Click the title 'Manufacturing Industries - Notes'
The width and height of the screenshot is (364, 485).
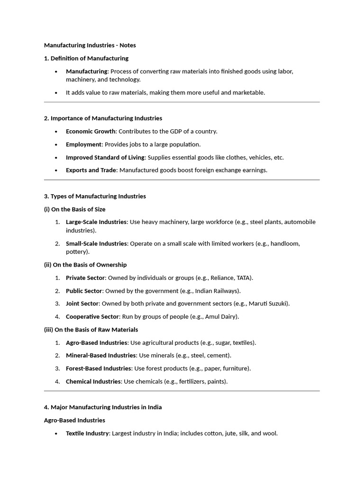click(x=90, y=45)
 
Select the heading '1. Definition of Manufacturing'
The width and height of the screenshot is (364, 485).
click(x=86, y=58)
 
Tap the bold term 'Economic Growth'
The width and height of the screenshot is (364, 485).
click(x=91, y=131)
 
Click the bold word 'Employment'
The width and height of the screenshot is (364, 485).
click(x=84, y=144)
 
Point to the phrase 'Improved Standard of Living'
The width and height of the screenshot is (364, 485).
click(x=105, y=157)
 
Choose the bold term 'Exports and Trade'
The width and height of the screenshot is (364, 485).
click(x=91, y=170)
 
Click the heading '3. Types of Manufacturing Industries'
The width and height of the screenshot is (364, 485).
click(x=95, y=196)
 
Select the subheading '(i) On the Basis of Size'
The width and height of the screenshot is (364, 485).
click(x=75, y=209)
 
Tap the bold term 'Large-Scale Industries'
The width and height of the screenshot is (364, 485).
click(x=96, y=222)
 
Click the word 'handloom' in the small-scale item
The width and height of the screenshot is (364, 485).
click(x=285, y=243)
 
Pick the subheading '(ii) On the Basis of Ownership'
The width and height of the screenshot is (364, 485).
click(x=85, y=265)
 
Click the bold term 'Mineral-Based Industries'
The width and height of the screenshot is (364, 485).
click(x=101, y=355)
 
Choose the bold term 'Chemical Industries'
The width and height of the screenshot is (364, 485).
click(x=93, y=381)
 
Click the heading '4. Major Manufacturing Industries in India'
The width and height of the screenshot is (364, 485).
click(x=103, y=407)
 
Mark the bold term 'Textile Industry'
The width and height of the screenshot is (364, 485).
click(x=87, y=433)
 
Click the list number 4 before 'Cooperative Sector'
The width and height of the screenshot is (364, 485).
click(x=57, y=316)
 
